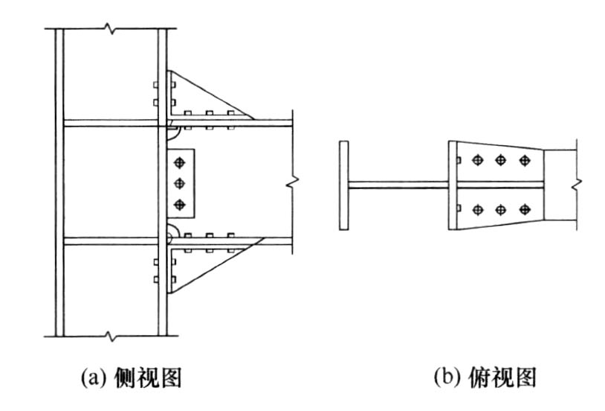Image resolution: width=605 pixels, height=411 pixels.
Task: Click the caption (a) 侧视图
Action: (x=132, y=377)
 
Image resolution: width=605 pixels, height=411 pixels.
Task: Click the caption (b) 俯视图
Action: (x=485, y=377)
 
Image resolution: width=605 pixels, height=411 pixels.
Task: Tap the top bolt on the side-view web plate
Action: (x=179, y=163)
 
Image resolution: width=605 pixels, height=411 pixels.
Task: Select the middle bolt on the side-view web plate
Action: (x=179, y=184)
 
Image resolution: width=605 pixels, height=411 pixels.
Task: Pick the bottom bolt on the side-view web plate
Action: (x=179, y=205)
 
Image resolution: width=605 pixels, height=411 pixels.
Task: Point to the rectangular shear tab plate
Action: (x=181, y=182)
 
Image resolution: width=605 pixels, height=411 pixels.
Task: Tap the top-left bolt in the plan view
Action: (x=478, y=160)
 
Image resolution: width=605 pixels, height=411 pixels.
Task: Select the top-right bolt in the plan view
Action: (x=525, y=160)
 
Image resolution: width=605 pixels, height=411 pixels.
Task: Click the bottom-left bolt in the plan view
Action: (x=478, y=210)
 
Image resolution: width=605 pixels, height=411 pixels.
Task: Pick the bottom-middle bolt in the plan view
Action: (x=501, y=210)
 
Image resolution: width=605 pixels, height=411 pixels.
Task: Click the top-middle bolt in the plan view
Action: (x=501, y=160)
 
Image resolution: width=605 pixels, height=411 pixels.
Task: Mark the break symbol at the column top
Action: (x=111, y=28)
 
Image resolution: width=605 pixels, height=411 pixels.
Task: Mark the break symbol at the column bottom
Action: (x=111, y=336)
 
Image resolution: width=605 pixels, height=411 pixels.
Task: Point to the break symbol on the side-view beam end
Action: (x=293, y=182)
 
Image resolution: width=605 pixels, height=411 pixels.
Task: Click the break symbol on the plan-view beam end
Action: (x=577, y=185)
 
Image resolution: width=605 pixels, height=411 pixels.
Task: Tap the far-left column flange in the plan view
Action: (x=344, y=185)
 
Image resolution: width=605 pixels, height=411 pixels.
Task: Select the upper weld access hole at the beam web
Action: (x=172, y=133)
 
